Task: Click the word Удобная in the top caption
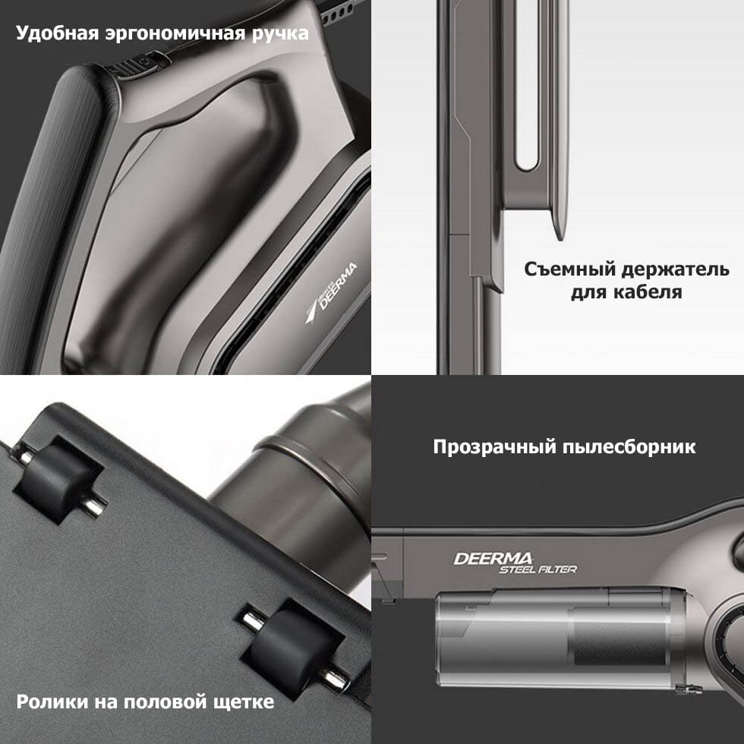coord(57,34)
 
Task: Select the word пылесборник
coord(629,447)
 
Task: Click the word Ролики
coord(52,701)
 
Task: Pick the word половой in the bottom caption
coord(168,701)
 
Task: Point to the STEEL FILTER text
coord(538,569)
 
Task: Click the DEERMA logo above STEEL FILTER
coord(493,559)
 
